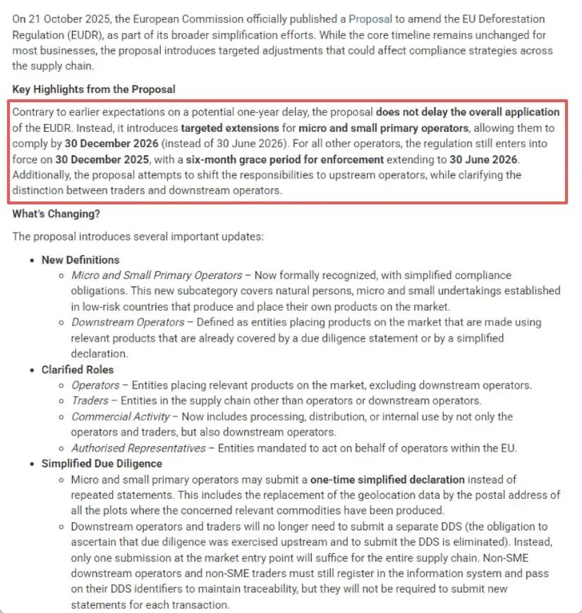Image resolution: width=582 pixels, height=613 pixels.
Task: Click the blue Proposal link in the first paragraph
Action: [x=370, y=19]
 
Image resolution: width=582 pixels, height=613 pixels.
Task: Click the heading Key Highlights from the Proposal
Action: [x=94, y=89]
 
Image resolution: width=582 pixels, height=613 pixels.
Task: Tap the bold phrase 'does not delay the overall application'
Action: [x=468, y=113]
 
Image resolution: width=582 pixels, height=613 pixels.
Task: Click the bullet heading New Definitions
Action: [x=80, y=260]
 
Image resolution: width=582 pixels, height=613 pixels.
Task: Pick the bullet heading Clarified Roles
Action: [x=78, y=370]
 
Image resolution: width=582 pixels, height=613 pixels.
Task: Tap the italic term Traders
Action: [x=90, y=401]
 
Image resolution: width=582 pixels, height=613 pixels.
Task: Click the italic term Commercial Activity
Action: [x=121, y=416]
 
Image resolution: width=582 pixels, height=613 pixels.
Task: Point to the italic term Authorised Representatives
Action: [x=139, y=448]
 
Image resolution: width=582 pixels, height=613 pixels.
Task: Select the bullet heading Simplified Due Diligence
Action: [x=102, y=464]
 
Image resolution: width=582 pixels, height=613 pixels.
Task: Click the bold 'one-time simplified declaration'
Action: [x=387, y=479]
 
